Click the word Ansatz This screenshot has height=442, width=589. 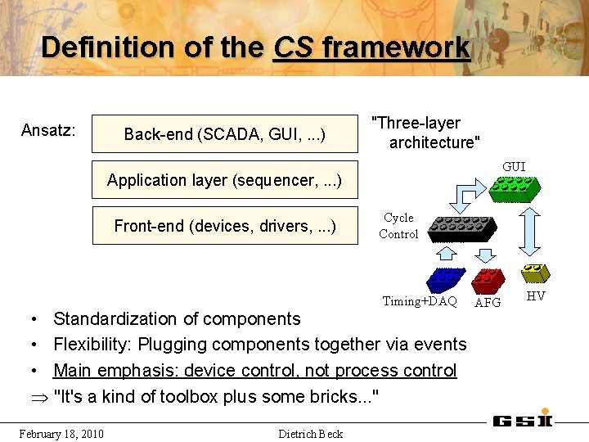(48, 130)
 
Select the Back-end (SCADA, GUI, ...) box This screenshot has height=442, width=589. (225, 134)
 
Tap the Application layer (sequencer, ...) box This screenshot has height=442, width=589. (225, 180)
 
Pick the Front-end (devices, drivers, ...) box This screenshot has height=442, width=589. (225, 225)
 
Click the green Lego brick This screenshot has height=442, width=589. (514, 189)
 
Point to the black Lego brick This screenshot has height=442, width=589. (462, 228)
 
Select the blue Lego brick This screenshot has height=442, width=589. (446, 280)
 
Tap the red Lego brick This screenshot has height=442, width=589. (489, 281)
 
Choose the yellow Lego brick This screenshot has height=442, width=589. (536, 273)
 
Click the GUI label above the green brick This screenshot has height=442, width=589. (514, 167)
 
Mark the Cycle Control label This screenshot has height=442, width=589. (398, 226)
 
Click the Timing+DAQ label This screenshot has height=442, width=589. (420, 301)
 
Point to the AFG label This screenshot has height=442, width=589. (488, 302)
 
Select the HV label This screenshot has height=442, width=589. (536, 295)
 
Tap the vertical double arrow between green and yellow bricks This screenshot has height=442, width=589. (533, 232)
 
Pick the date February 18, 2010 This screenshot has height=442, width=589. (61, 433)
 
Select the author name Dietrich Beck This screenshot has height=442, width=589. (311, 434)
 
